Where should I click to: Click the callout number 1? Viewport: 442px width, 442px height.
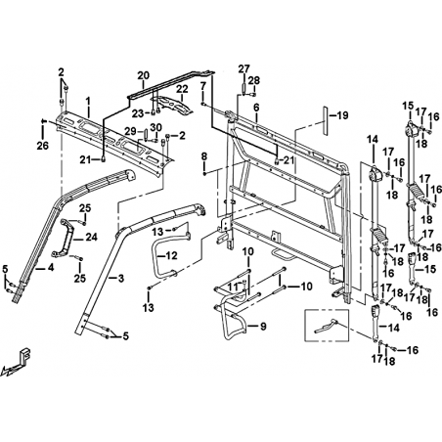[88, 103]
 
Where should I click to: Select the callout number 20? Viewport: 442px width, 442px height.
[143, 75]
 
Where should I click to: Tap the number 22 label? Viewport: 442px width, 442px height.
[182, 89]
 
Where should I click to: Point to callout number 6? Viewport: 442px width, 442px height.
[256, 108]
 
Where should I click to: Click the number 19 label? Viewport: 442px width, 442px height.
[342, 115]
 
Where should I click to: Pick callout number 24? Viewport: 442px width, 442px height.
[91, 238]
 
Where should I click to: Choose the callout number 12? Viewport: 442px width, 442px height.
[171, 255]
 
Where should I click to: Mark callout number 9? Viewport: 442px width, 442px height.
[263, 326]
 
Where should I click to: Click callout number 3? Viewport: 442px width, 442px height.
[121, 279]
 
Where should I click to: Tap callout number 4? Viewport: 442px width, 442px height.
[50, 268]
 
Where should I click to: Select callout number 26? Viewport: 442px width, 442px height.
[42, 146]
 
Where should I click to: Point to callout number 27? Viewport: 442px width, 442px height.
[243, 68]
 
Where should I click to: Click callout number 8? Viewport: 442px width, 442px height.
[204, 156]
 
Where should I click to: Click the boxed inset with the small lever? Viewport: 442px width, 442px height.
[327, 326]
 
